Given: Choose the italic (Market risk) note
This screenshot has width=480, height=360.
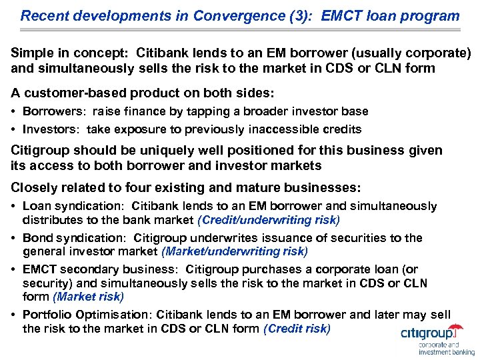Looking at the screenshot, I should (x=88, y=296).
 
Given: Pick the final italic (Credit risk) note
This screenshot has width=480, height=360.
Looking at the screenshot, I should (x=297, y=328).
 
